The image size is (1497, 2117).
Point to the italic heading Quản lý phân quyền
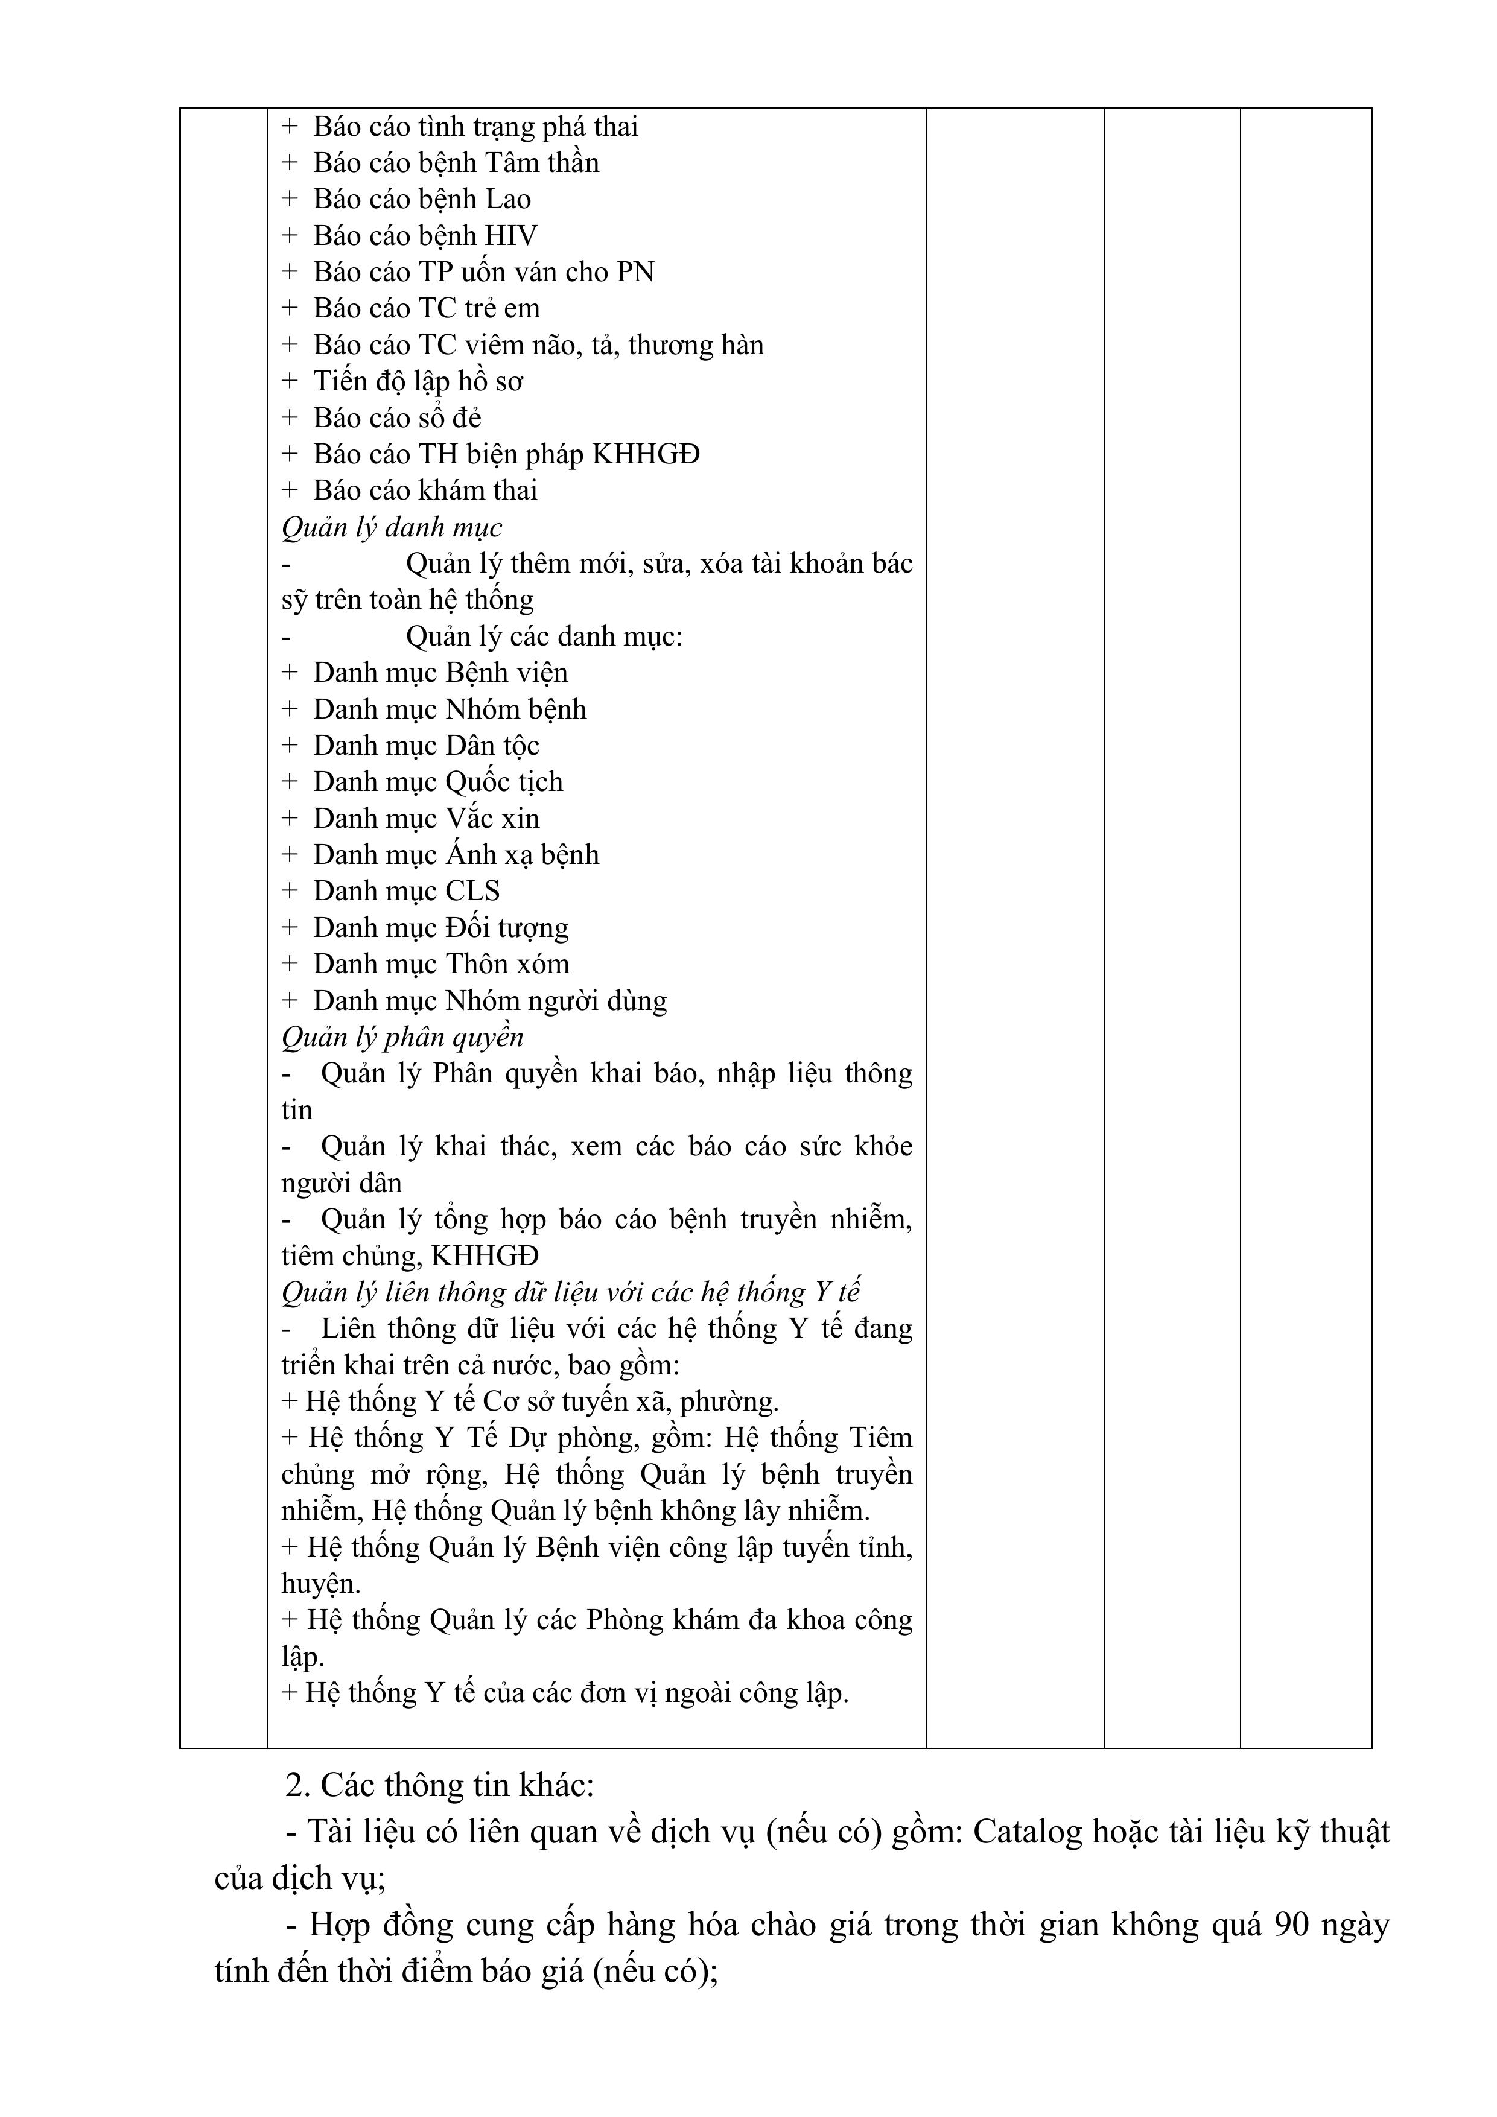[x=402, y=1037]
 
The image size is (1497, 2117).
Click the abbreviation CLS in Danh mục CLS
[x=472, y=892]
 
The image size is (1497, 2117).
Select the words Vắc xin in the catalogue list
[x=492, y=819]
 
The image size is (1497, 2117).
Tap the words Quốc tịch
[x=504, y=782]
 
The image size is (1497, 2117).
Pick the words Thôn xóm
[x=507, y=965]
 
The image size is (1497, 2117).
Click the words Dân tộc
[x=492, y=746]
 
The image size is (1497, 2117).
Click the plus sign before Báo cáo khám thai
[x=290, y=490]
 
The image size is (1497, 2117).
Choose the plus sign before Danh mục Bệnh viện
[x=290, y=673]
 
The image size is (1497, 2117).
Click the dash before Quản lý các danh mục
[x=287, y=637]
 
